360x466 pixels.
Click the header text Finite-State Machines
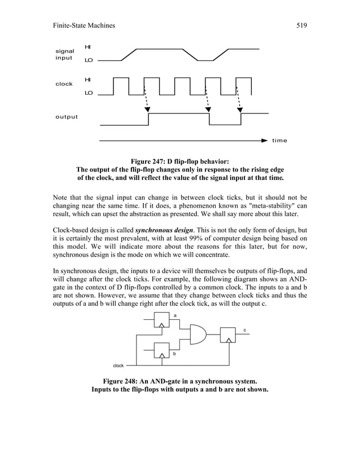coord(84,25)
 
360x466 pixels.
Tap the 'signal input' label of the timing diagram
coord(64,55)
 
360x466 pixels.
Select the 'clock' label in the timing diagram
coord(64,84)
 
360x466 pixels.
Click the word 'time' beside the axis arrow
coord(279,140)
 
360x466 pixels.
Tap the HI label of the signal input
coord(87,46)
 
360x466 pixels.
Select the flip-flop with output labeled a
coord(162,320)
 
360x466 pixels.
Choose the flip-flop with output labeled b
coord(162,350)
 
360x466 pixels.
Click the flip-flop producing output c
coord(227,335)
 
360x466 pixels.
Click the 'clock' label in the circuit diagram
coord(118,366)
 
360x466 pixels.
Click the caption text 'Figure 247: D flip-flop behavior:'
coord(179,162)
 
